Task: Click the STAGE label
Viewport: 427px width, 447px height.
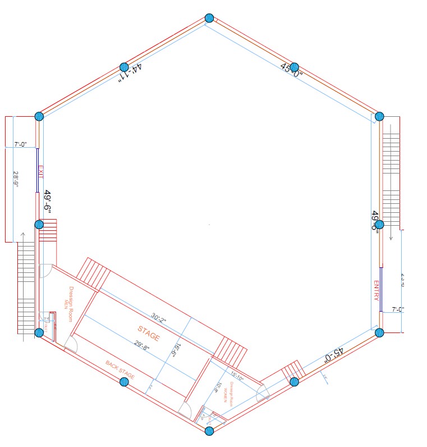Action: tap(149, 332)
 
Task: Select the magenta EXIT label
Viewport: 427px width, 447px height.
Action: tap(40, 171)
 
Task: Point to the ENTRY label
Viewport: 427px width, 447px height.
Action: tap(376, 291)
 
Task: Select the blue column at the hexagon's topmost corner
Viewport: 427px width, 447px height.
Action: tap(209, 19)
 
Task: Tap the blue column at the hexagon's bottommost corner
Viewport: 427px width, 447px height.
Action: tap(209, 431)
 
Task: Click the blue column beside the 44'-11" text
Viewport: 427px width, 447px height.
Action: tap(124, 67)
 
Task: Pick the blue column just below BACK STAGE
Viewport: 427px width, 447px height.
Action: tap(124, 382)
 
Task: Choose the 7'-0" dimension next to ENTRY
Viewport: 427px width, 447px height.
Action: tap(397, 309)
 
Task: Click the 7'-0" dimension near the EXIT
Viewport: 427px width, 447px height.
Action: tap(20, 145)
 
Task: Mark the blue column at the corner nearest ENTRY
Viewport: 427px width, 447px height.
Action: tap(379, 332)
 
